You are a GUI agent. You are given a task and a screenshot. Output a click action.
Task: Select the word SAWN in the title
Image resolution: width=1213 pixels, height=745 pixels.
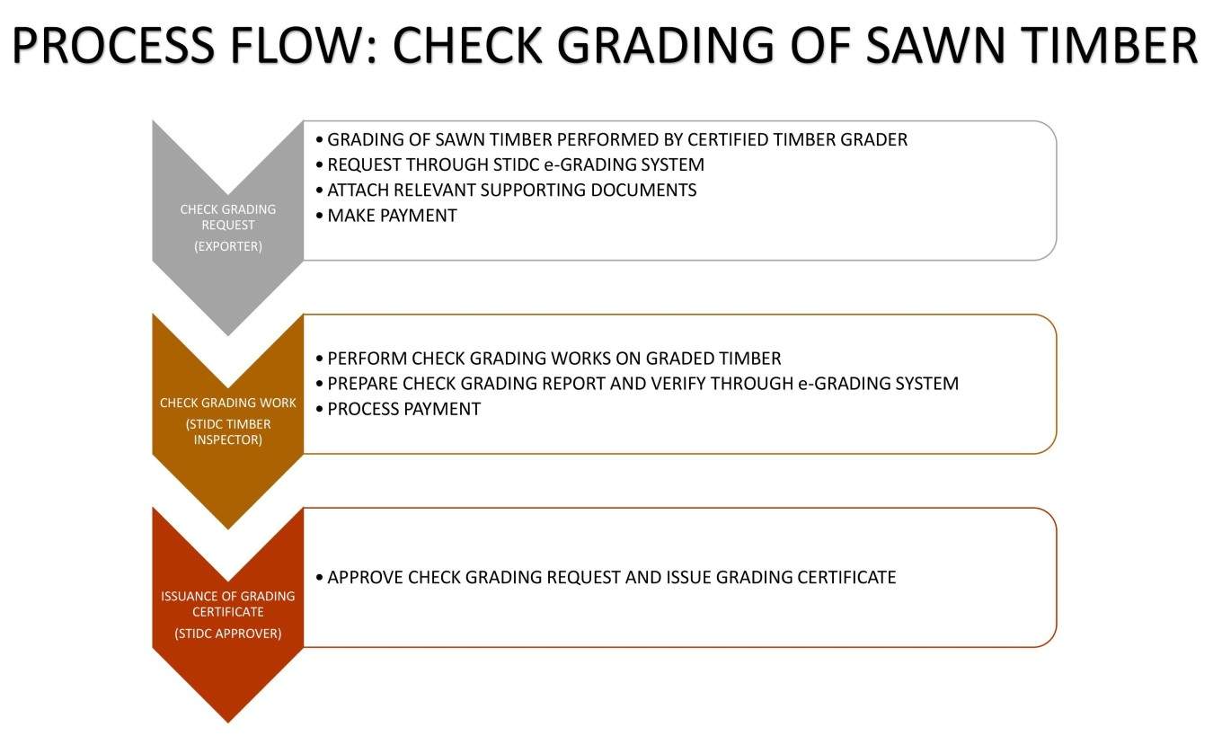[x=935, y=45]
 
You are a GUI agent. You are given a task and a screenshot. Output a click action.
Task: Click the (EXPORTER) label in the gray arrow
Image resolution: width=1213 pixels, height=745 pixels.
[x=228, y=246]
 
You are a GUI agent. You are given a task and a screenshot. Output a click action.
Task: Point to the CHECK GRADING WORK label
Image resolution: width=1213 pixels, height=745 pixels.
[x=228, y=403]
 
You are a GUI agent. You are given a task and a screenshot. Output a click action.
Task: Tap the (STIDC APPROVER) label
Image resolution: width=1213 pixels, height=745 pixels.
[x=228, y=634]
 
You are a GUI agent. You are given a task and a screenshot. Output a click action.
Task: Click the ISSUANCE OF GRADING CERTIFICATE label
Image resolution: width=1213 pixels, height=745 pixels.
[x=228, y=604]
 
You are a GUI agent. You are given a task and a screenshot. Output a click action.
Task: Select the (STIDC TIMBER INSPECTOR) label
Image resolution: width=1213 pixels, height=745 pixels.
[x=228, y=432]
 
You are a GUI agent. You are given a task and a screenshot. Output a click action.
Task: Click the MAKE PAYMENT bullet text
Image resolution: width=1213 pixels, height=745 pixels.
[x=392, y=216]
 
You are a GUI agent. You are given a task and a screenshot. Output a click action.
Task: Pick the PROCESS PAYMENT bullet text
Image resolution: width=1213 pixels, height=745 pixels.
[x=404, y=409]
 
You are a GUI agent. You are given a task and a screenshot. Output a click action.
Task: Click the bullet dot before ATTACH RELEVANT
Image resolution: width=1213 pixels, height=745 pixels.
[x=320, y=191]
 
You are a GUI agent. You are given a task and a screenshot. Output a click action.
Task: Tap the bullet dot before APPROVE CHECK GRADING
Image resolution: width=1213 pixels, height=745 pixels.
[x=320, y=578]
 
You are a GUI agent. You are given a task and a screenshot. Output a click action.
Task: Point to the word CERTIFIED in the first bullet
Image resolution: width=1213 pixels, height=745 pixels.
[x=727, y=139]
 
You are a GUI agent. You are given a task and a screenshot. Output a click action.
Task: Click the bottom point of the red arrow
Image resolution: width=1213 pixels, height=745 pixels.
[x=228, y=723]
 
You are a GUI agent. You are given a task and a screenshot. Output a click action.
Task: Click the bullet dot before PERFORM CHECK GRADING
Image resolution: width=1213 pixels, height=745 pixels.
[x=320, y=359]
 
